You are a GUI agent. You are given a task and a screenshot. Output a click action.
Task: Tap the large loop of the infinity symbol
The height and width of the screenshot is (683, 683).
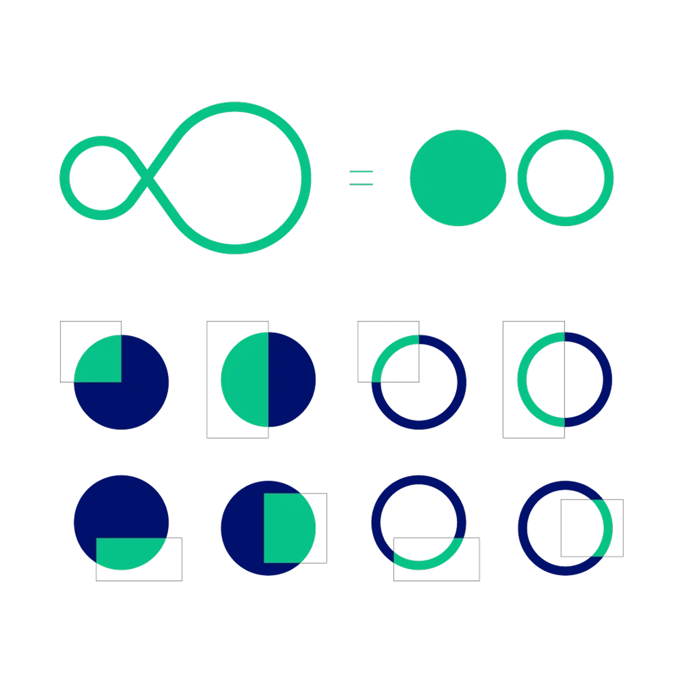point(306,177)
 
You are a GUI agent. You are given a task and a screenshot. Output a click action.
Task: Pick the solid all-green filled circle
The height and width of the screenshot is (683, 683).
point(457,178)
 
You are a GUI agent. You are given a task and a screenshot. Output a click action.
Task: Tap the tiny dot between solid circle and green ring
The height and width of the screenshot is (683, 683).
point(509,178)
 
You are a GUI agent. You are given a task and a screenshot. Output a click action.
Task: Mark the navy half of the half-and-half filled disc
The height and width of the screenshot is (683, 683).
point(291,380)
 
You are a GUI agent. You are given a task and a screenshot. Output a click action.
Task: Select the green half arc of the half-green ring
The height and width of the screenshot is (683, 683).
point(522,380)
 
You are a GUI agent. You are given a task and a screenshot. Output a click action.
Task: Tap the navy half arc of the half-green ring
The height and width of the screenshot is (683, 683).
point(607,380)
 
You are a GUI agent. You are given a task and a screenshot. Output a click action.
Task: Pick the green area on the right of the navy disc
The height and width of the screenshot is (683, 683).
point(288,528)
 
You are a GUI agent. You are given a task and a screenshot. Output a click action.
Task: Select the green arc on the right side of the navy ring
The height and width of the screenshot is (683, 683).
point(606,526)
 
